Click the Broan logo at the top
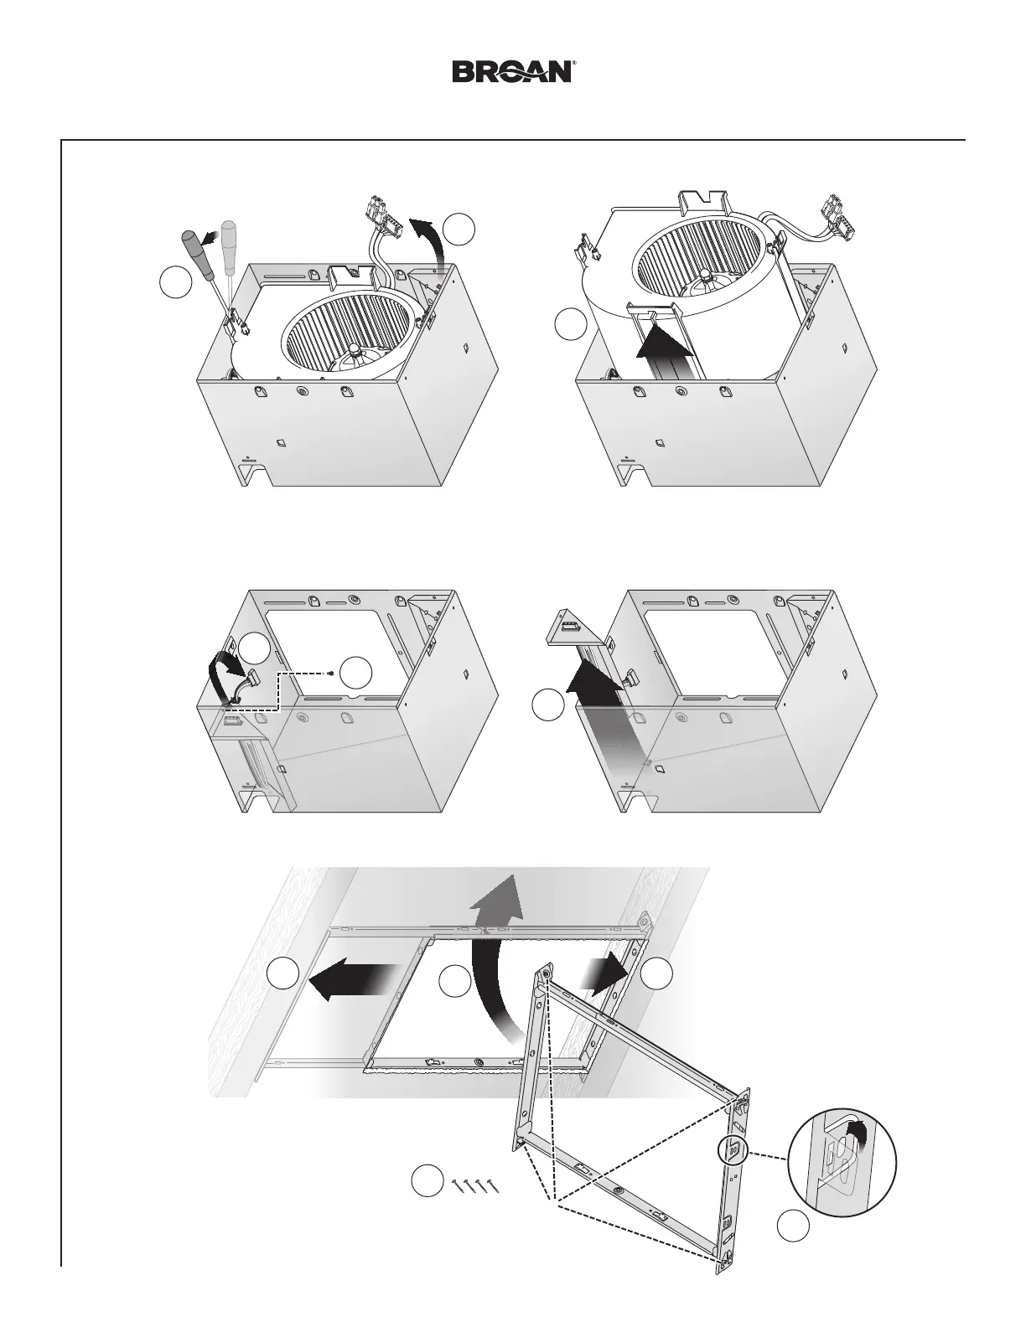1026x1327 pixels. [513, 71]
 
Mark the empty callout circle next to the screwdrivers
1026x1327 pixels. [174, 282]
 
